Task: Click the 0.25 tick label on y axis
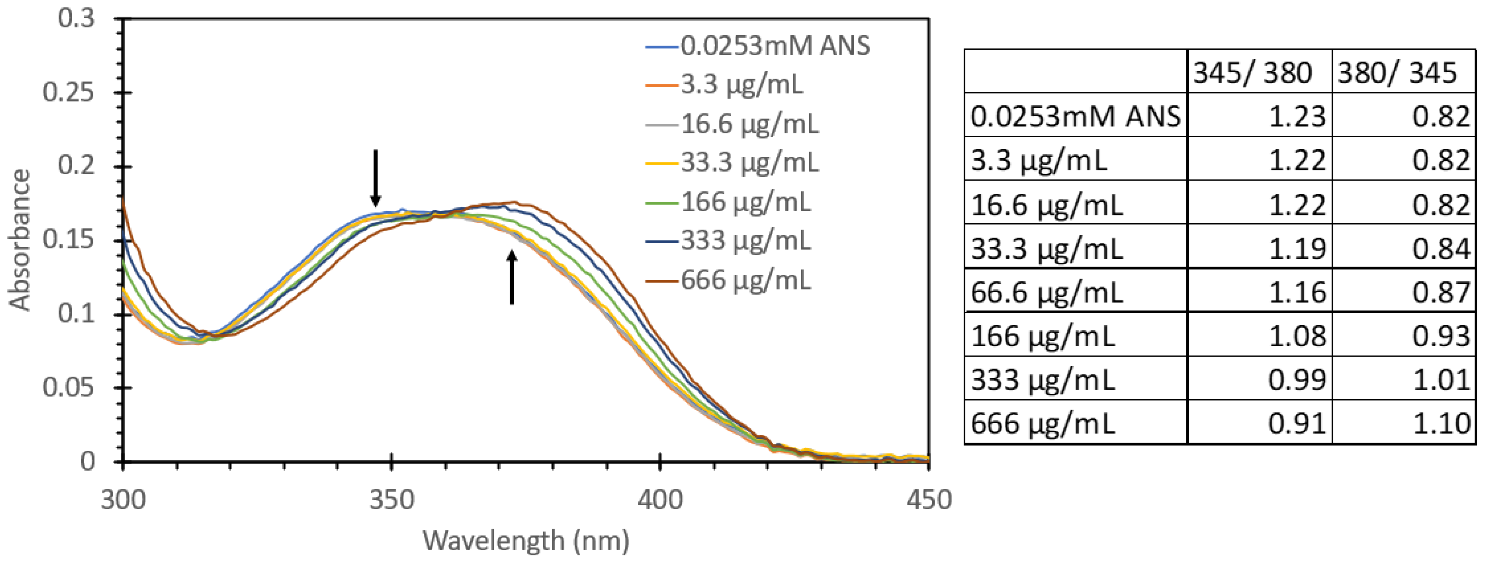point(68,93)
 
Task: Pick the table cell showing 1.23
point(1297,116)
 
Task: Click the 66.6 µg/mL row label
point(1046,292)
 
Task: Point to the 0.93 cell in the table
point(1441,336)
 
